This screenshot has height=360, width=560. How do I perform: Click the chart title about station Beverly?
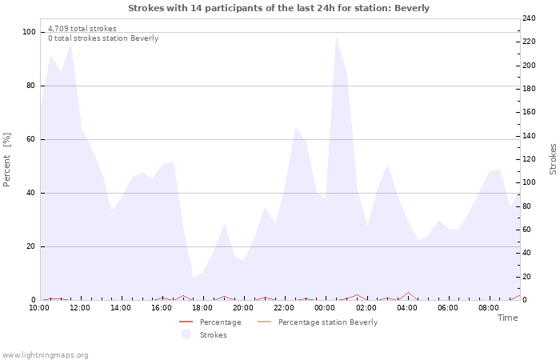278,8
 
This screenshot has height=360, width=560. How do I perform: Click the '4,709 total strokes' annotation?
82,29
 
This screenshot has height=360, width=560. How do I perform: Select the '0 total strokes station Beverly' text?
103,38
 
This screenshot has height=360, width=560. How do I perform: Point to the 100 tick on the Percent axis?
30,32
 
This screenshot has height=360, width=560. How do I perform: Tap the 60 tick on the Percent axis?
31,139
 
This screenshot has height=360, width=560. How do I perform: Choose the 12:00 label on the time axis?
80,307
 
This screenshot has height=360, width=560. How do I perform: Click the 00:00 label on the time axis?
325,307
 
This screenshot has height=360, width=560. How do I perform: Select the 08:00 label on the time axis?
488,307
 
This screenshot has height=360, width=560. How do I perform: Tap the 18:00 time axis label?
202,307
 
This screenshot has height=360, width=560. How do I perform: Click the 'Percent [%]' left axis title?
7,160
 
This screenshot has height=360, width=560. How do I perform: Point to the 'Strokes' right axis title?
553,159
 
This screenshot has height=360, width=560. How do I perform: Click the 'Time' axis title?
507,318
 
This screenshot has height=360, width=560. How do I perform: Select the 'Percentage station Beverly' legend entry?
327,322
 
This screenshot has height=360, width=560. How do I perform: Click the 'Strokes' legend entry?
213,335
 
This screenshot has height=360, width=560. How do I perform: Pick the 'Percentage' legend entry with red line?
220,322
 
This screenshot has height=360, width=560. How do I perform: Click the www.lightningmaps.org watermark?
45,355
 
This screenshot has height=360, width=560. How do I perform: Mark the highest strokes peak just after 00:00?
336,37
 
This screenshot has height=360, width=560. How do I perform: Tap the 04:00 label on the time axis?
406,307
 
